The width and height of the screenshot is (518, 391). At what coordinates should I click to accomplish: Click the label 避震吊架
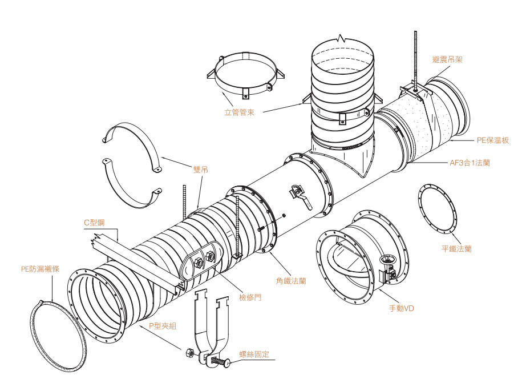tap(447, 59)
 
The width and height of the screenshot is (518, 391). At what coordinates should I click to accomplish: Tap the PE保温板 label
tap(492, 140)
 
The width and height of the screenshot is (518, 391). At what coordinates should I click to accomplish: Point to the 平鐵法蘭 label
tap(456, 249)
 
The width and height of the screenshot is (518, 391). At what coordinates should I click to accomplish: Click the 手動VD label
tap(401, 308)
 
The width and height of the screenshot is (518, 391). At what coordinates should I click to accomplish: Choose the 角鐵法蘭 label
tap(291, 281)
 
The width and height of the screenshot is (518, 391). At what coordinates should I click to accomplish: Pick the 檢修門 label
tap(250, 297)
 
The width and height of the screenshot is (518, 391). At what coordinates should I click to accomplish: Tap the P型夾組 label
tap(163, 325)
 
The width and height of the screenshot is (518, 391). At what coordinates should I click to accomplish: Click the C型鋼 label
tap(95, 222)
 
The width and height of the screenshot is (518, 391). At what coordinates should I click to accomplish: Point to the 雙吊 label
tap(200, 169)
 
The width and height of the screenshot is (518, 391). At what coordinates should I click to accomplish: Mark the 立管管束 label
tap(239, 112)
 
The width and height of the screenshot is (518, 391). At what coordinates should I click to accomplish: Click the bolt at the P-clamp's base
tap(220, 361)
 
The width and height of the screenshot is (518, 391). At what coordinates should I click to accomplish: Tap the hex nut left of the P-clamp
tap(188, 353)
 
